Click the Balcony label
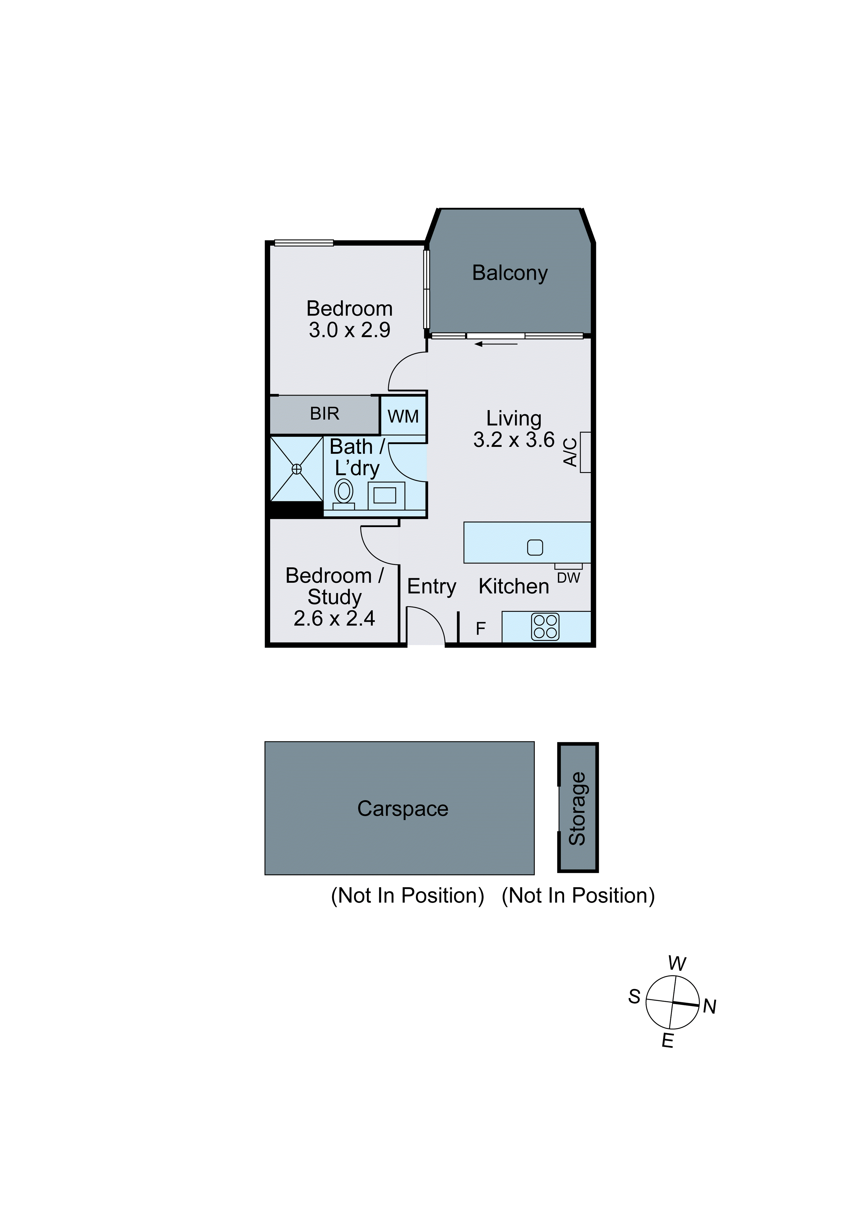click(x=510, y=273)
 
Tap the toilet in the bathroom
click(x=344, y=492)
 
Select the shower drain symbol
click(x=297, y=469)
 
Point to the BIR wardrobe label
click(x=324, y=414)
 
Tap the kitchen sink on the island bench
click(x=535, y=548)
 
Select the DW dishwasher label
click(x=568, y=578)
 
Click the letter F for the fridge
click(x=480, y=629)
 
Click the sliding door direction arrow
click(x=495, y=344)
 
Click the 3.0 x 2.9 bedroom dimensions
click(x=349, y=330)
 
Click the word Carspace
click(x=403, y=809)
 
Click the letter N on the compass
click(x=710, y=1007)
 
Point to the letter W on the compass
click(x=677, y=964)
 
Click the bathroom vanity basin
click(x=385, y=496)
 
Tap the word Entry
click(x=431, y=586)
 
